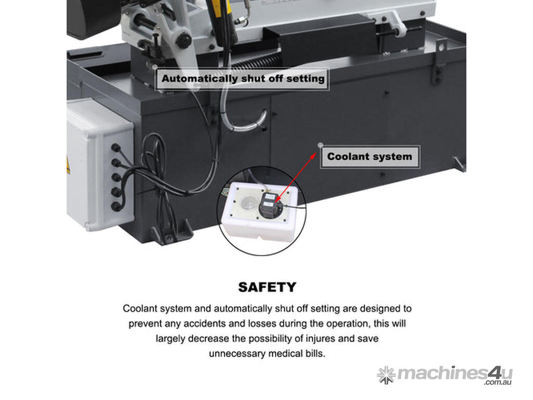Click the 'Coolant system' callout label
[x=370, y=157]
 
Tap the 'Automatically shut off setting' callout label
[x=243, y=79]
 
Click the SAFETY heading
[x=267, y=287]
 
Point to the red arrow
[x=295, y=177]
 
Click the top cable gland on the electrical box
[x=116, y=148]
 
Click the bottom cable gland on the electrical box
[x=116, y=206]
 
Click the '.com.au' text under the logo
[x=498, y=383]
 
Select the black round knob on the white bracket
[x=184, y=41]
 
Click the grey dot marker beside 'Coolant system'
[x=320, y=146]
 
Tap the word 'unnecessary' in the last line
[x=237, y=354]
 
